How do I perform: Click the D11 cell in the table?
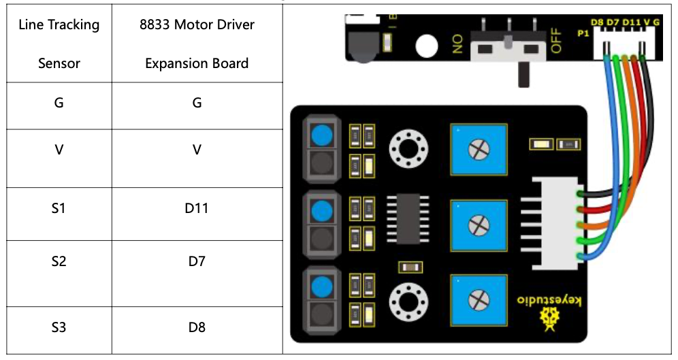tap(196, 208)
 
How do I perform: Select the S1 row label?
tap(59, 208)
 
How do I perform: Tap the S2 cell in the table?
tap(59, 261)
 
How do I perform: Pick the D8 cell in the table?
tap(196, 327)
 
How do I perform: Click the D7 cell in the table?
tap(196, 261)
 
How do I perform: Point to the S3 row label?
tap(59, 327)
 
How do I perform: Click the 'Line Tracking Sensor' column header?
tap(59, 44)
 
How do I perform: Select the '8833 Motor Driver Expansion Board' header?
tap(196, 44)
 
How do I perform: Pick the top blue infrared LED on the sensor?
tap(321, 136)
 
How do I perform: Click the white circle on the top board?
tap(426, 46)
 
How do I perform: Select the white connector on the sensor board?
tap(553, 223)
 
